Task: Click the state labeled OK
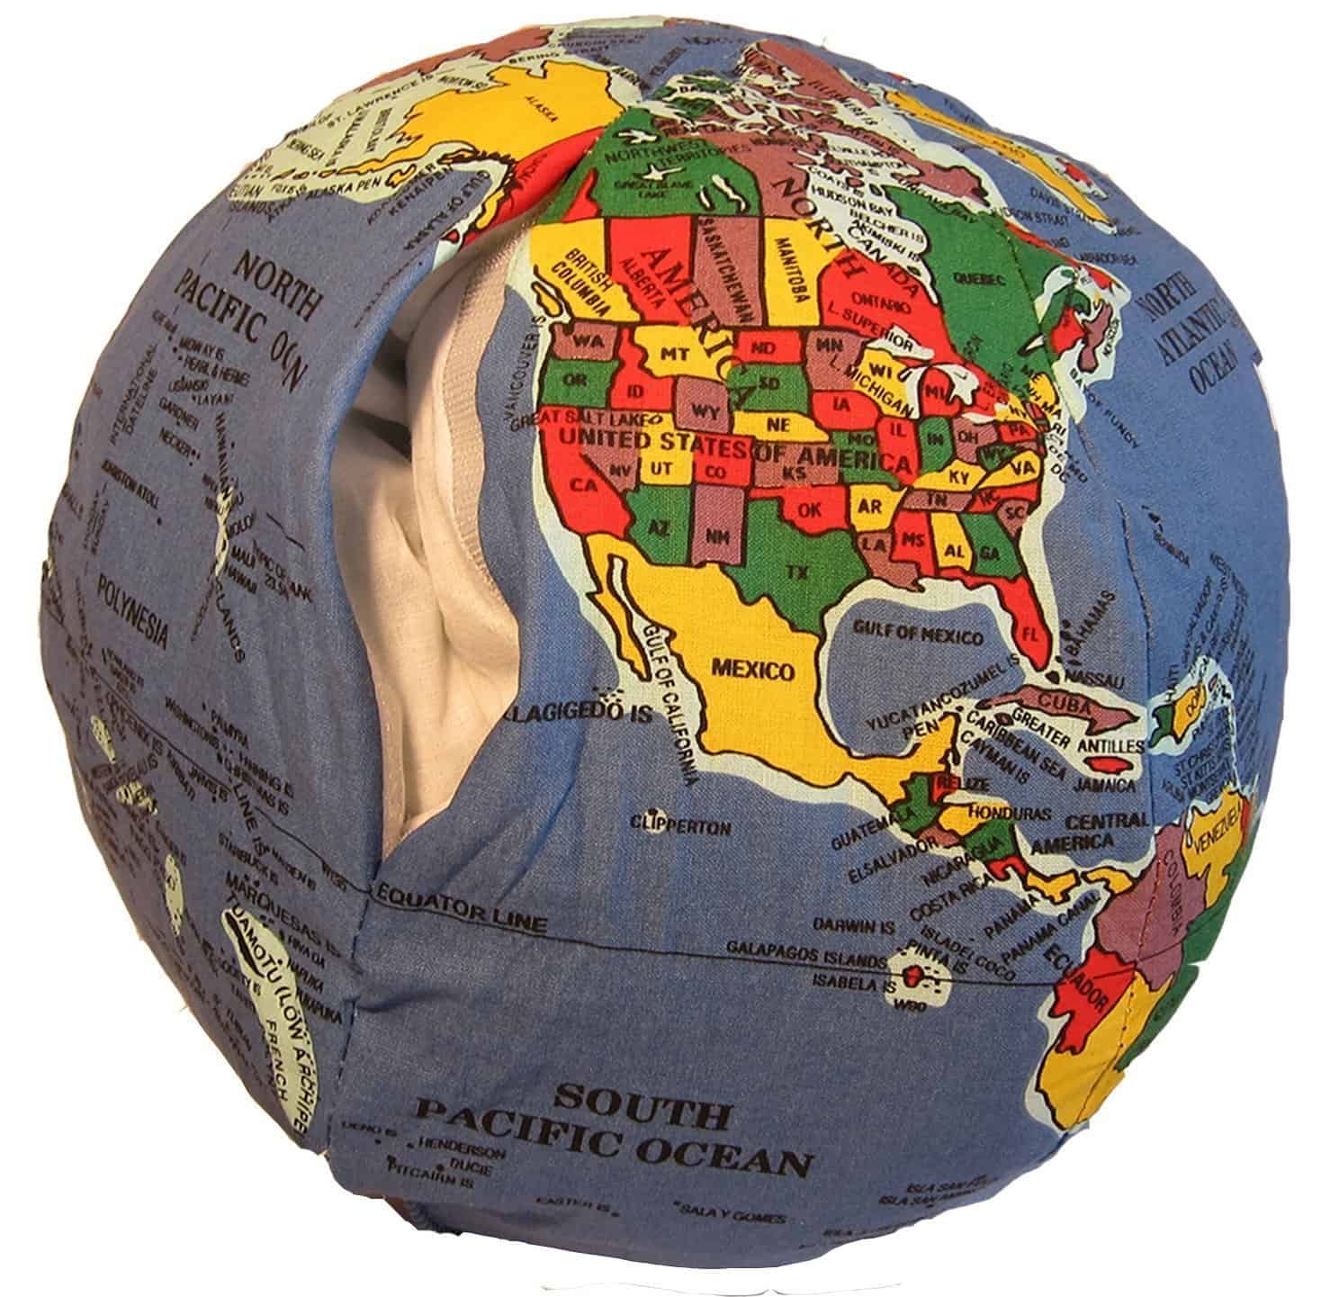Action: (x=810, y=509)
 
